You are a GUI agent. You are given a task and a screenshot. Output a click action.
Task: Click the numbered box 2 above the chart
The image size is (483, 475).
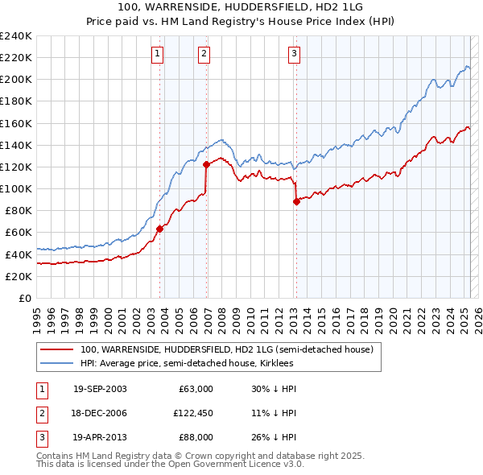tap(204, 54)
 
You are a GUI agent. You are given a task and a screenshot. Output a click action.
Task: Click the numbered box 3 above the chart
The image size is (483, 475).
tap(294, 54)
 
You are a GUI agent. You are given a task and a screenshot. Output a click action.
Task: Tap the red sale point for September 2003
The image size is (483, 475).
tap(159, 229)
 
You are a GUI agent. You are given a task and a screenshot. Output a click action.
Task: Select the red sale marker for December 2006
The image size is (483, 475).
tap(207, 164)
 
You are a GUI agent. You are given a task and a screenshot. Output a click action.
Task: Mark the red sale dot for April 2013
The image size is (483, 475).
tap(296, 201)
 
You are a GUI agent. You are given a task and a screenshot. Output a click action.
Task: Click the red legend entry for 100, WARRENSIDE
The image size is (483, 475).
tap(226, 350)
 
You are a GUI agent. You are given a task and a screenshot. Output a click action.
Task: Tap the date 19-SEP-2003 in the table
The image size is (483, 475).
tap(100, 389)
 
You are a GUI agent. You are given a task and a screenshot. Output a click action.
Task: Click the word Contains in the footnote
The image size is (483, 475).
tap(56, 456)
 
